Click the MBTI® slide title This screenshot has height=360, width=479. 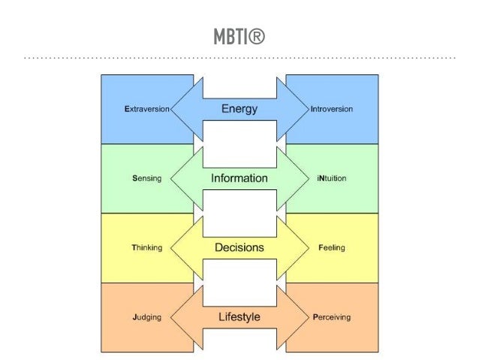pos(239,36)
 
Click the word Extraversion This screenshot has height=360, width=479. pos(147,109)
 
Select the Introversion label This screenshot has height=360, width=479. pos(331,109)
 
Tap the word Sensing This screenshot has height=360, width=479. pos(146,178)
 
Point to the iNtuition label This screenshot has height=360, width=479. pos(331,178)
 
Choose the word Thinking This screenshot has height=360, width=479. pos(146,247)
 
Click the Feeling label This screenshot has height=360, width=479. pos(331,247)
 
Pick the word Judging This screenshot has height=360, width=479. pos(146,317)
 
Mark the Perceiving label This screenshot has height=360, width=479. pos(331,317)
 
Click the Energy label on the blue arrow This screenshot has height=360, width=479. pos(239,109)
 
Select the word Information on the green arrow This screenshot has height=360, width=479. pos(239,178)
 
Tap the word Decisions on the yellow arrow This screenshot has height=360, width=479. pos(239,247)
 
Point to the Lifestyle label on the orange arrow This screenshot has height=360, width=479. pos(239,317)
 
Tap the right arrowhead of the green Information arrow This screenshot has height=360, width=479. pos(297,178)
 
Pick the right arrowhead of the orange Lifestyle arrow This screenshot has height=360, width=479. pos(297,317)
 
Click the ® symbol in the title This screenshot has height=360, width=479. pos(257,36)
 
